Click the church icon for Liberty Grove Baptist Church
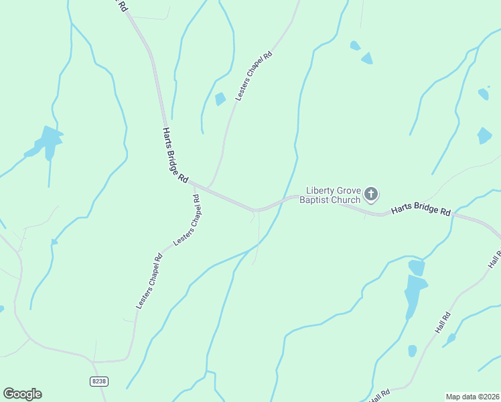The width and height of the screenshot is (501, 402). pyautogui.click(x=371, y=195)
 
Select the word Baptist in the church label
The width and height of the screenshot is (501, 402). pyautogui.click(x=315, y=200)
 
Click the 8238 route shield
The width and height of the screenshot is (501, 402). pyautogui.click(x=98, y=381)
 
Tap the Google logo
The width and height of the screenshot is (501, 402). pyautogui.click(x=22, y=394)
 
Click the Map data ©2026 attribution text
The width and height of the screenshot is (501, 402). pyautogui.click(x=472, y=396)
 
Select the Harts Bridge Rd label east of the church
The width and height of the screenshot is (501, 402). pyautogui.click(x=421, y=209)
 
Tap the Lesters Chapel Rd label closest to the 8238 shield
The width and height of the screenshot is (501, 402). pyautogui.click(x=149, y=281)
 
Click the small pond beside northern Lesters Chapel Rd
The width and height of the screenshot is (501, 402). pyautogui.click(x=220, y=99)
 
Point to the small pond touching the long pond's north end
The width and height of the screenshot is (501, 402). pyautogui.click(x=417, y=267)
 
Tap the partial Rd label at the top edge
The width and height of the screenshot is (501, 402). pyautogui.click(x=121, y=5)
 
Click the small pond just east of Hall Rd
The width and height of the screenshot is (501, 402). pyautogui.click(x=451, y=338)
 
